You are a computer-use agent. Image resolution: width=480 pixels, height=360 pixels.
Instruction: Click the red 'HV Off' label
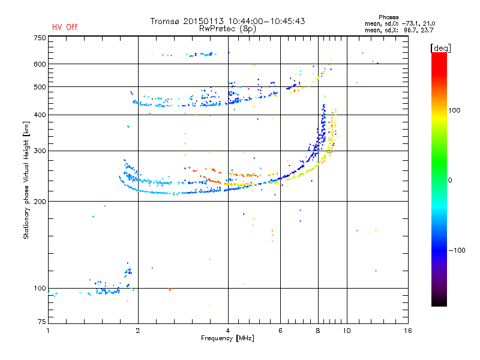(65, 27)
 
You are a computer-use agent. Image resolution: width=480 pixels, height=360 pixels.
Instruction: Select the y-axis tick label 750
(40, 38)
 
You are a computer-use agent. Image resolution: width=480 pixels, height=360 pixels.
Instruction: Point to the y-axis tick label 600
(40, 64)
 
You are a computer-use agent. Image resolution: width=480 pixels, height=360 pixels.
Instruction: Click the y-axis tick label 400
(40, 115)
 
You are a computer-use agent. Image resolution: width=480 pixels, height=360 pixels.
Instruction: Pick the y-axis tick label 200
(40, 202)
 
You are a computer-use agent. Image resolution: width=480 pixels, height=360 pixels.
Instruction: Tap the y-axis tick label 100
(40, 288)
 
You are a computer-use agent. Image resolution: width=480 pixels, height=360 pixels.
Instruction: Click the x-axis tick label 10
(346, 331)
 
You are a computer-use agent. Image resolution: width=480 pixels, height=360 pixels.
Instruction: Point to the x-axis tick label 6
(280, 331)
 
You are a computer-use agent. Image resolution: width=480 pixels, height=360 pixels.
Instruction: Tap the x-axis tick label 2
(138, 331)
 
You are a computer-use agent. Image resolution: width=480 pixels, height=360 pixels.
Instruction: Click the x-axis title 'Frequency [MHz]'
(228, 339)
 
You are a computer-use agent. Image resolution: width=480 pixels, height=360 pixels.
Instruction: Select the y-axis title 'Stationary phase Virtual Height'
(26, 180)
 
